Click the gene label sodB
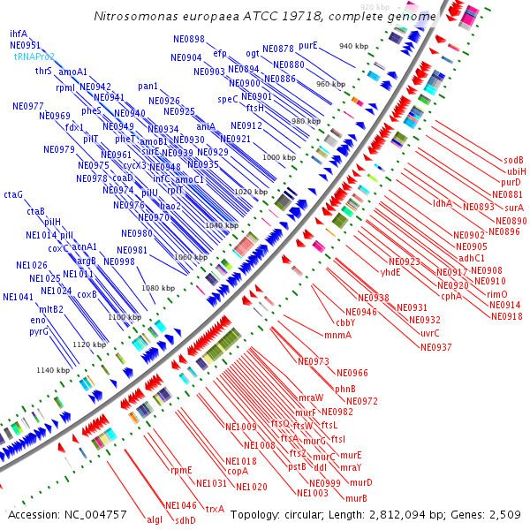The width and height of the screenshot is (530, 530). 513,160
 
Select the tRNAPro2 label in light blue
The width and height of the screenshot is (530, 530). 34,56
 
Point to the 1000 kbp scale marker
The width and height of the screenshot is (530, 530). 278,156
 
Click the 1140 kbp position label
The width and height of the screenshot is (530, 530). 52,370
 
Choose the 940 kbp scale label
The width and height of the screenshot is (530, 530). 354,46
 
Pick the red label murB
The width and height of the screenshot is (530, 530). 356,497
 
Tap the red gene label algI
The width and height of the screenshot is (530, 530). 154,519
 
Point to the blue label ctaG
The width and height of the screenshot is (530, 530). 13,193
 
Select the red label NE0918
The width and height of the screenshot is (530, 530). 506,316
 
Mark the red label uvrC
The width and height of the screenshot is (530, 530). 429,333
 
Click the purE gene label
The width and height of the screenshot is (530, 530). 308,44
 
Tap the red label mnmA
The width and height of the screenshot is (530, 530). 337,334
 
